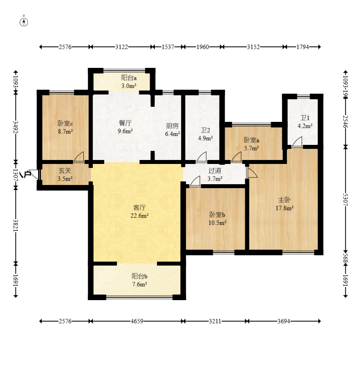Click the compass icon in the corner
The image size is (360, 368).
24,21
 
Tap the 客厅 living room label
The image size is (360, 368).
139,208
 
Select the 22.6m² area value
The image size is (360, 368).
139,216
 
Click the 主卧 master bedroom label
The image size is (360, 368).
284,200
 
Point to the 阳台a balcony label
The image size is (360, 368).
129,78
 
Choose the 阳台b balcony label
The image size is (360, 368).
139,276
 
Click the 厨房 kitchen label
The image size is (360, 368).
172,126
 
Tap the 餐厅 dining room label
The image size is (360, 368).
125,123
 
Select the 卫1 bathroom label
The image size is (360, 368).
305,118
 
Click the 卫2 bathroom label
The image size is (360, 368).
205,130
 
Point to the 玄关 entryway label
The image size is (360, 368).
65,171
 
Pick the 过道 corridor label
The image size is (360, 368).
215,171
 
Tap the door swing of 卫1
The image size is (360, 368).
298,141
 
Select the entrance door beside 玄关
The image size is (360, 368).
34,174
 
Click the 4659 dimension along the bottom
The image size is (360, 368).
137,321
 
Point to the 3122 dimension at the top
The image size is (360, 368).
121,47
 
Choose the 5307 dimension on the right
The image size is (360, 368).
345,200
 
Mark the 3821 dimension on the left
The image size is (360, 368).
15,225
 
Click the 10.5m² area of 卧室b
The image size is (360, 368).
218,223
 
